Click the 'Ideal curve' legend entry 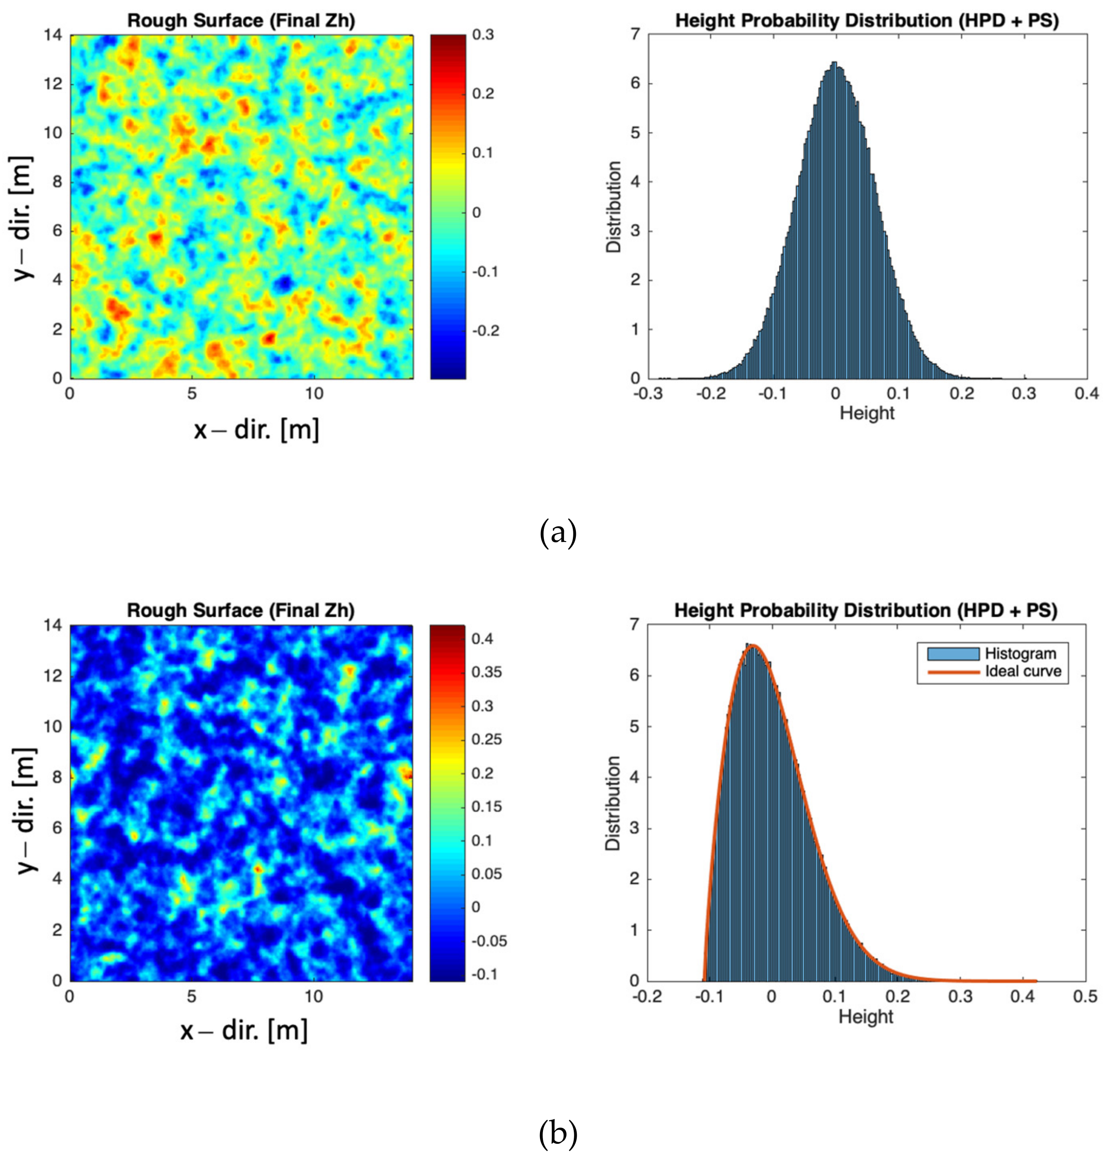tap(1022, 671)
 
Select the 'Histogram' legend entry tap(1020, 654)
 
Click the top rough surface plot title tap(241, 20)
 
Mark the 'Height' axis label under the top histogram tap(867, 412)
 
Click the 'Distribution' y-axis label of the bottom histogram tap(614, 803)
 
